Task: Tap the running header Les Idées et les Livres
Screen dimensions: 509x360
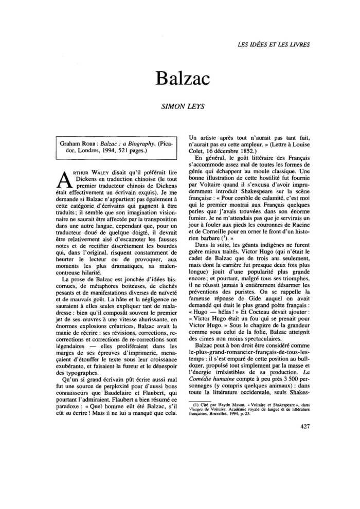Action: pyautogui.click(x=274, y=44)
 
